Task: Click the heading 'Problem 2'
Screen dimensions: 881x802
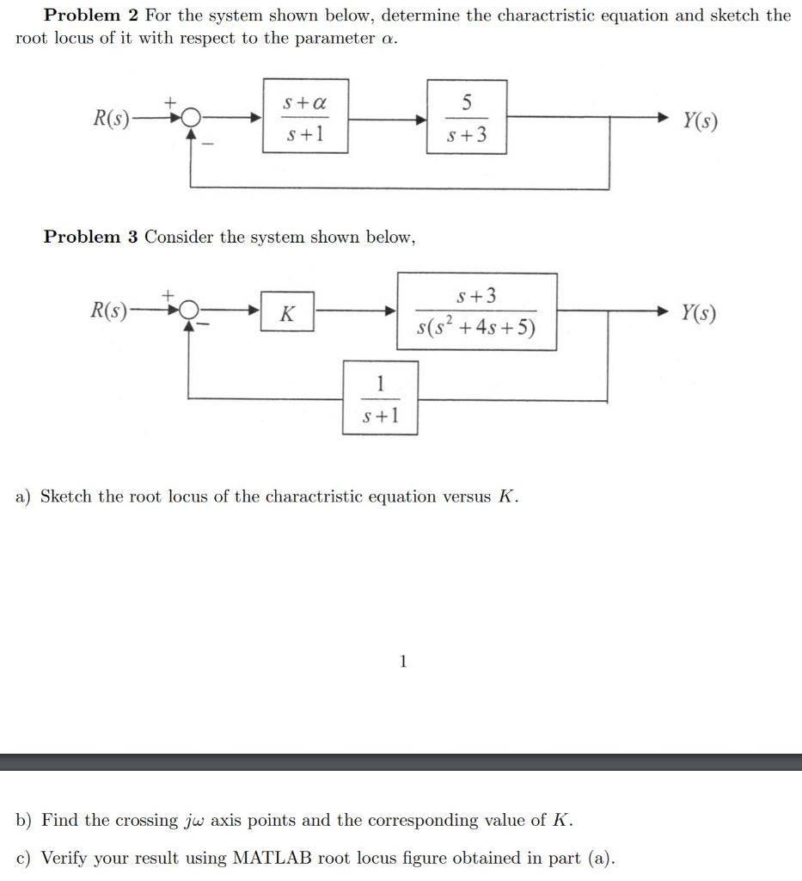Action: coord(91,15)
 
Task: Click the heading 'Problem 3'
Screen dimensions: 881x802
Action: coord(91,237)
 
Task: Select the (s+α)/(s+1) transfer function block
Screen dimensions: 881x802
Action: coord(305,117)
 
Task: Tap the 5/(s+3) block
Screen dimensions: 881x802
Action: coord(466,117)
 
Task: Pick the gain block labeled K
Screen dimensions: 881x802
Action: coord(286,314)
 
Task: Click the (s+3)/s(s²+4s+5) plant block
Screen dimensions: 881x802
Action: coord(476,311)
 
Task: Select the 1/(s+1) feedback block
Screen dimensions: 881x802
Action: coord(380,397)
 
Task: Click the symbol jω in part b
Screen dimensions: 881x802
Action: coord(194,821)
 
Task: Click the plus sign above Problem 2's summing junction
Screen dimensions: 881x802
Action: coord(171,102)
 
